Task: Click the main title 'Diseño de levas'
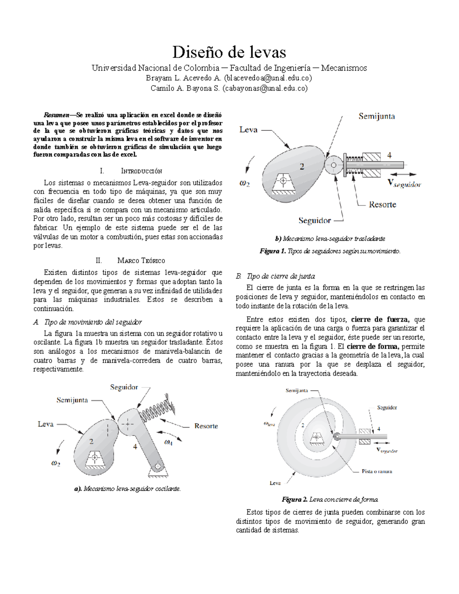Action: click(229, 52)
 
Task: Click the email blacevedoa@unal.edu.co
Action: click(268, 78)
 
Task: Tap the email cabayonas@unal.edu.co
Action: click(264, 88)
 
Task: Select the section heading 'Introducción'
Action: click(141, 171)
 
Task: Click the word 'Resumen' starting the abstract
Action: click(56, 115)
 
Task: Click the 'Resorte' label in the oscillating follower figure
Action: click(206, 426)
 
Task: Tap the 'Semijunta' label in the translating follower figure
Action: click(376, 116)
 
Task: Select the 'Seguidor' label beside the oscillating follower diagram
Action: click(124, 387)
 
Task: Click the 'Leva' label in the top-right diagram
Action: click(248, 130)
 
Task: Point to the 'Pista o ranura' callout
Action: click(377, 472)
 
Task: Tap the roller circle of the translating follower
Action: click(334, 165)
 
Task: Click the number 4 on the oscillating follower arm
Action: click(135, 446)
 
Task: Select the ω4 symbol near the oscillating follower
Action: click(168, 443)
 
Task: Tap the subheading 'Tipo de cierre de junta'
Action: click(281, 276)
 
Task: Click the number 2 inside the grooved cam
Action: click(303, 425)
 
